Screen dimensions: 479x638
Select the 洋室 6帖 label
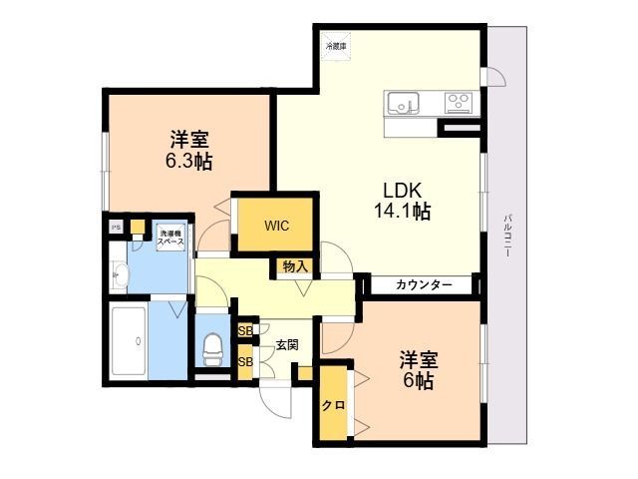pos(420,369)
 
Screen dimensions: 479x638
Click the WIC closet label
pos(277,226)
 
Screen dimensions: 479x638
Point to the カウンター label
pos(424,285)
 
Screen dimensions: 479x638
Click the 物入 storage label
pos(294,266)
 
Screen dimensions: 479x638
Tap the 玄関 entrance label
pos(287,344)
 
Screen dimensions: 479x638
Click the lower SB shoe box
pos(245,361)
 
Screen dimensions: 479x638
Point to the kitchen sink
pos(404,102)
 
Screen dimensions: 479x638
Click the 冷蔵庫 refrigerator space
pos(336,45)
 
